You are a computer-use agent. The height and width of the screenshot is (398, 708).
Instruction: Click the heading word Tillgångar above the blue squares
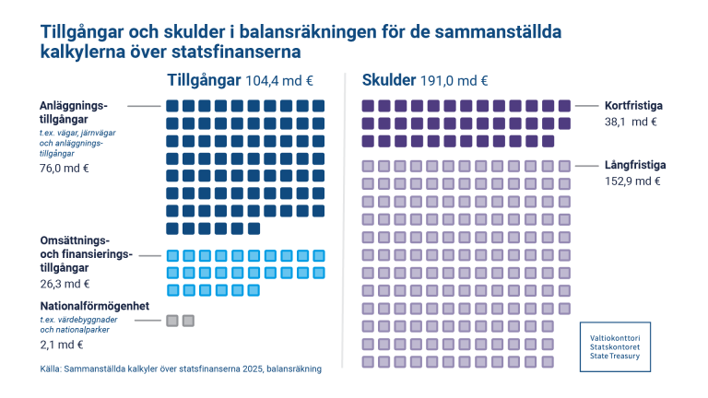pos(204,79)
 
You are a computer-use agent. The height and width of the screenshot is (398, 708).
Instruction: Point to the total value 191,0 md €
pos(454,80)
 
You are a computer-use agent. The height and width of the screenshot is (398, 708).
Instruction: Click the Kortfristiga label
pos(633,105)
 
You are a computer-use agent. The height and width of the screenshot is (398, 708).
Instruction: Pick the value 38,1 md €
pos(631,121)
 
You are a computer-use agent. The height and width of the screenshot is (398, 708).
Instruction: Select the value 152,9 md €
pos(633,181)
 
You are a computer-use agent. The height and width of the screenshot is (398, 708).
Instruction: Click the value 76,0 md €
pos(64,169)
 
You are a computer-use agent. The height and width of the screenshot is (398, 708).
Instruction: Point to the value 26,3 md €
pos(64,284)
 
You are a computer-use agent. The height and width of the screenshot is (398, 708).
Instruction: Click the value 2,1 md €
pos(61,345)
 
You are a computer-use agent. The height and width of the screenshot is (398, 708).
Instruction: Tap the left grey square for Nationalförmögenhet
pos(171,321)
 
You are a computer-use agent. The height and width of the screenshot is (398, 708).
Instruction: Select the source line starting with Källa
pos(180,369)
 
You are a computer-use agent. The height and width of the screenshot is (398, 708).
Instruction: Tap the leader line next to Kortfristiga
pos(586,106)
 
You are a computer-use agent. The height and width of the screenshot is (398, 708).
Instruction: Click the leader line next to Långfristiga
pos(586,166)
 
